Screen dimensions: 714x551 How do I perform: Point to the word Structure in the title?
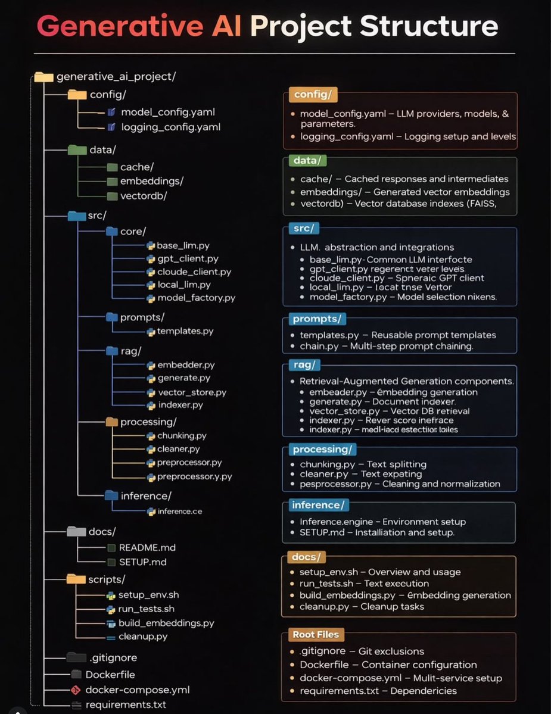[x=428, y=27]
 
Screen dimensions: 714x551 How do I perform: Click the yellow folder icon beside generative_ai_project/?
[x=43, y=76]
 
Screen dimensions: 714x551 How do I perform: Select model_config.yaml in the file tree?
[x=168, y=112]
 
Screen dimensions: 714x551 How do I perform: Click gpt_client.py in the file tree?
[x=188, y=258]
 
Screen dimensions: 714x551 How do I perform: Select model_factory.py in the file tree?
[x=196, y=298]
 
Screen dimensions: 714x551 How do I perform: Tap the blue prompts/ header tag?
[x=315, y=319]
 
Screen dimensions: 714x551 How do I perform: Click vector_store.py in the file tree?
[x=192, y=392]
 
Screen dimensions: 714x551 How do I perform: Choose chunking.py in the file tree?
[x=182, y=435]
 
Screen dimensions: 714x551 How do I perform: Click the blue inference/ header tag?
[x=317, y=505]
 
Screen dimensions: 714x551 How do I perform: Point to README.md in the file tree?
[x=147, y=547]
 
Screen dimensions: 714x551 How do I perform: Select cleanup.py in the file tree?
[x=143, y=637]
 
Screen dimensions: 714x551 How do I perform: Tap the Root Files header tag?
[x=315, y=634]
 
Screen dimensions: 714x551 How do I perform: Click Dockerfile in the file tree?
[x=110, y=675]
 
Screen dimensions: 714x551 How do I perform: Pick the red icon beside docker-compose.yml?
[x=75, y=690]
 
